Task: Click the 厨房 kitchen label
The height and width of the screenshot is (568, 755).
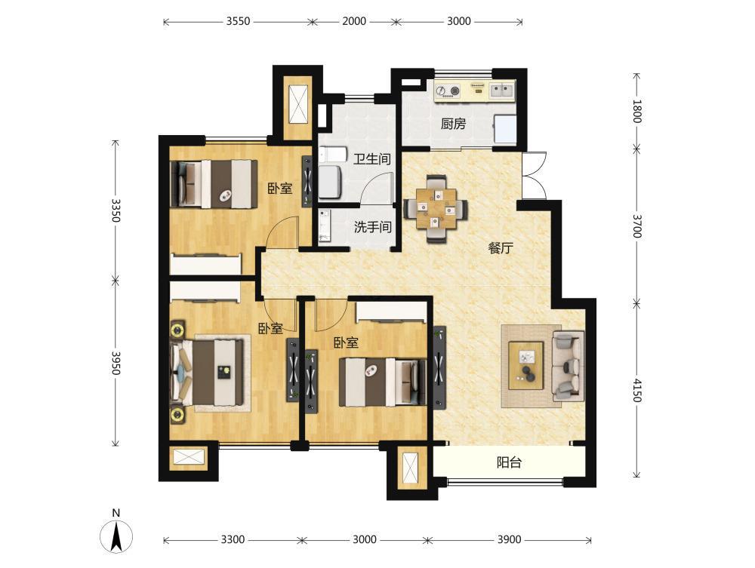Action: pyautogui.click(x=453, y=124)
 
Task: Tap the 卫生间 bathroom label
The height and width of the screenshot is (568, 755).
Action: pyautogui.click(x=371, y=158)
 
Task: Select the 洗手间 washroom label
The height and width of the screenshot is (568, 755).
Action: pyautogui.click(x=373, y=226)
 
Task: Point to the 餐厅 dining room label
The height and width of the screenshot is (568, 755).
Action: pyautogui.click(x=501, y=248)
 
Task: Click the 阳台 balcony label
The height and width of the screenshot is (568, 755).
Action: pyautogui.click(x=509, y=462)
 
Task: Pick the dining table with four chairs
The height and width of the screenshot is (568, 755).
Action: pyautogui.click(x=436, y=208)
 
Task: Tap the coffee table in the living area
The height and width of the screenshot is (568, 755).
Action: pyautogui.click(x=526, y=366)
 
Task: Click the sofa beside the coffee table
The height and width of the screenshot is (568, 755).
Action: pyautogui.click(x=569, y=366)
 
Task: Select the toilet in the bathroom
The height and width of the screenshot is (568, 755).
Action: pyautogui.click(x=332, y=154)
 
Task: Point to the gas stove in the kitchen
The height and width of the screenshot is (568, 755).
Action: pyautogui.click(x=448, y=91)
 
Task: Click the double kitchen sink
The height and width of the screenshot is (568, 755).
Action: pyautogui.click(x=502, y=90)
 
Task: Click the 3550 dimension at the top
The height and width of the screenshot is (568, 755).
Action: pyautogui.click(x=239, y=22)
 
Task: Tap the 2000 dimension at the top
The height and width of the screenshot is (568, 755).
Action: pyautogui.click(x=354, y=22)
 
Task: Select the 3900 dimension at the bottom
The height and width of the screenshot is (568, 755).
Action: pyautogui.click(x=509, y=539)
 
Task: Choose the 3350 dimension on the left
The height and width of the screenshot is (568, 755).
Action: pyautogui.click(x=116, y=210)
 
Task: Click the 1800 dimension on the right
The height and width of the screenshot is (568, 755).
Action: pyautogui.click(x=637, y=111)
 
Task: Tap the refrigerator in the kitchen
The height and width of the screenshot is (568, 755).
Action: pyautogui.click(x=504, y=129)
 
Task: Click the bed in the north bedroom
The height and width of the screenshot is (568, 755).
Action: pyautogui.click(x=214, y=184)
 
